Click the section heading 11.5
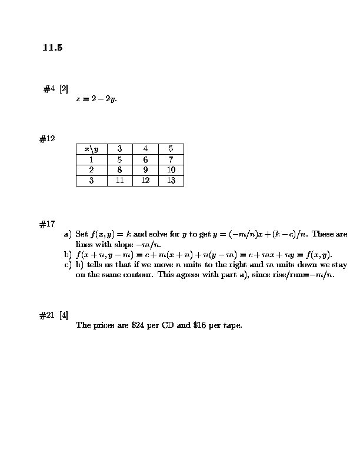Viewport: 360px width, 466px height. pyautogui.click(x=52, y=48)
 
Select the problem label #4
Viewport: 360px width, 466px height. pyautogui.click(x=49, y=89)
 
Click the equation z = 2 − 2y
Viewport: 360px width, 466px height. pyautogui.click(x=96, y=99)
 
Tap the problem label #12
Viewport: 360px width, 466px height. pyautogui.click(x=47, y=139)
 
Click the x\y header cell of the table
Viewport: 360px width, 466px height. pyautogui.click(x=91, y=149)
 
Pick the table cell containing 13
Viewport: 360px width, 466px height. pyautogui.click(x=171, y=181)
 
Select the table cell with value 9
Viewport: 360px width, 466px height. pyautogui.click(x=145, y=170)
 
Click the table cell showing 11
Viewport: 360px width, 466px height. pyautogui.click(x=119, y=181)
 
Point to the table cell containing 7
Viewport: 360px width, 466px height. pyautogui.click(x=171, y=159)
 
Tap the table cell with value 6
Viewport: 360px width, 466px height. pyautogui.click(x=145, y=159)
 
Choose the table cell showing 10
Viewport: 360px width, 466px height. pyautogui.click(x=171, y=170)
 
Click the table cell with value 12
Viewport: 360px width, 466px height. pyautogui.click(x=145, y=181)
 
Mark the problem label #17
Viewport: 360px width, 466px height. pyautogui.click(x=47, y=224)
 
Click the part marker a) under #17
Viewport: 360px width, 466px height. pyautogui.click(x=68, y=234)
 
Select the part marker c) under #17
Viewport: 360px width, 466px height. pyautogui.click(x=68, y=265)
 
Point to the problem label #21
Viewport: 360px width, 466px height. pyautogui.click(x=47, y=315)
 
